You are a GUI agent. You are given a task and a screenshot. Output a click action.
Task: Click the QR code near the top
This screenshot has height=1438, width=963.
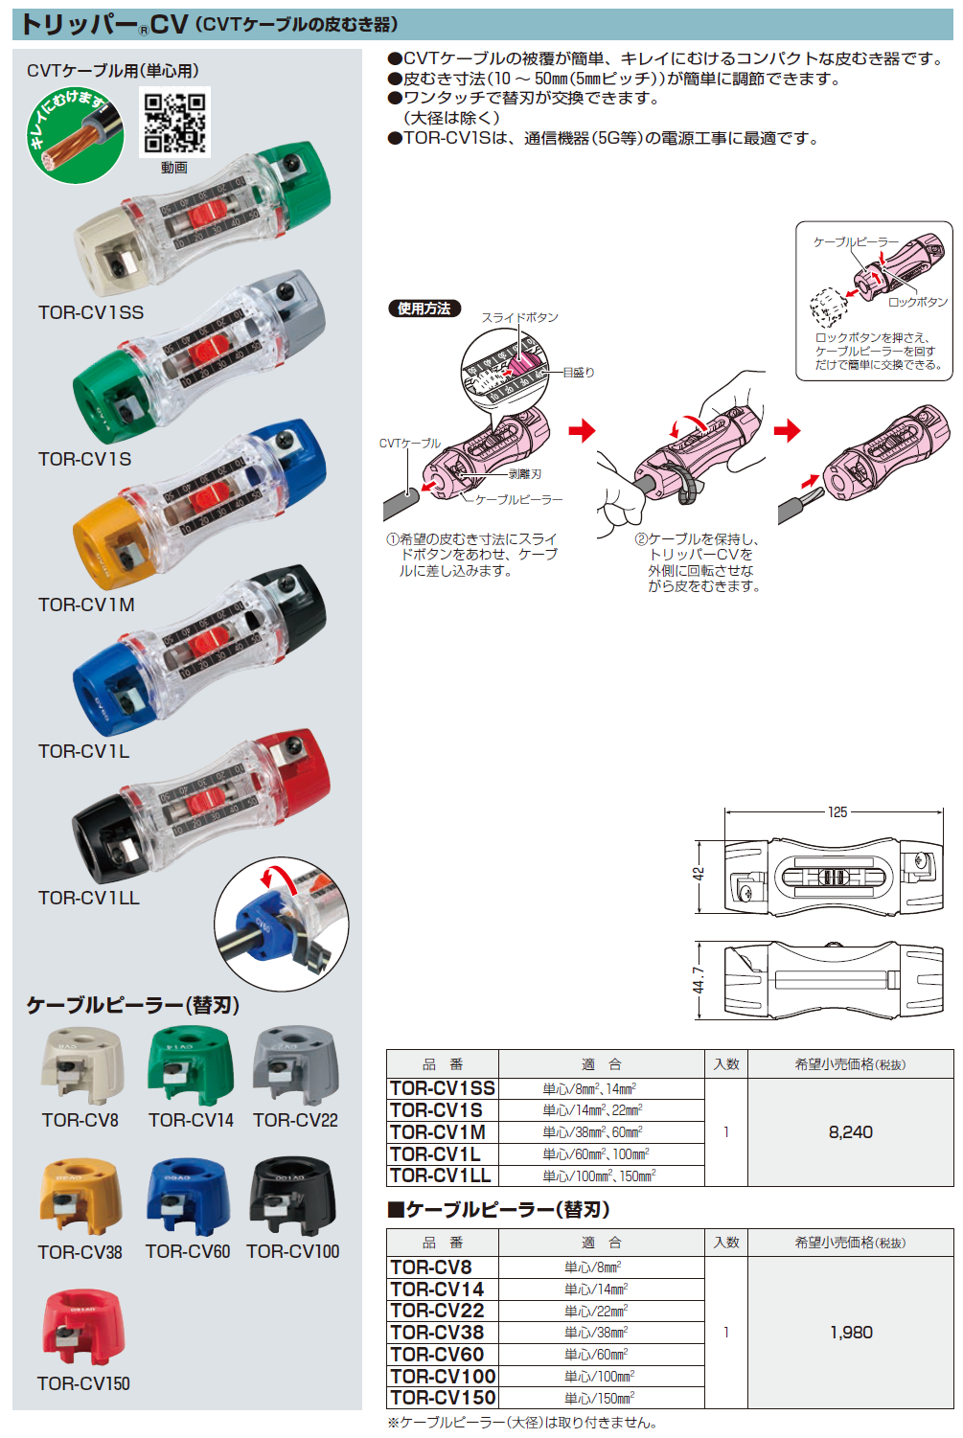click(x=174, y=123)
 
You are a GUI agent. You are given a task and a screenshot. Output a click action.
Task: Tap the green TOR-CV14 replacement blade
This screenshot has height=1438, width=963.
click(x=191, y=1066)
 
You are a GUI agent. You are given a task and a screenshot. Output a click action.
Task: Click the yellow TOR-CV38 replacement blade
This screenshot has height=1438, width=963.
click(x=80, y=1197)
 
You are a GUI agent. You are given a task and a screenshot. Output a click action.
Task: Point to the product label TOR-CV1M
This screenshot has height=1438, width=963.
click(x=86, y=605)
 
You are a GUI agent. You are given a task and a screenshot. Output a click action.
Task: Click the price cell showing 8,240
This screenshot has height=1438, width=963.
click(x=850, y=1132)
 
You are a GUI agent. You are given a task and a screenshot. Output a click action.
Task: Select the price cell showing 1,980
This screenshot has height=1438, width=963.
click(x=851, y=1332)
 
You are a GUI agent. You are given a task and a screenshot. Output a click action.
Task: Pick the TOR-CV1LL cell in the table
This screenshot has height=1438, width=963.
click(x=441, y=1176)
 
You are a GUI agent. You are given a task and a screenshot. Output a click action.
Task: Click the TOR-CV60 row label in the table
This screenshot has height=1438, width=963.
click(x=438, y=1354)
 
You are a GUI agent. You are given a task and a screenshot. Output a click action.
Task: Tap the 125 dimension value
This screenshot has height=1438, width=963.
click(x=837, y=812)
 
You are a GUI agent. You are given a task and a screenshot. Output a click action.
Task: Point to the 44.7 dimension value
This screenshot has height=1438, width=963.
click(x=699, y=979)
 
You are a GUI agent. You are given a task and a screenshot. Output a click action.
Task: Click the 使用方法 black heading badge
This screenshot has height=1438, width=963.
click(x=424, y=308)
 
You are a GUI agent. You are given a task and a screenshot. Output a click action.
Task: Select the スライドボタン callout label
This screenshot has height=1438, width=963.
click(x=519, y=317)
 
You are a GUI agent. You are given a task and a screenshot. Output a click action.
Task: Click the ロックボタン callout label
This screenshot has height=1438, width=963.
click(x=917, y=302)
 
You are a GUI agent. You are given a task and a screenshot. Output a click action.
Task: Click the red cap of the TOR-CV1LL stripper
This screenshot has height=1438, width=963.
click(x=301, y=765)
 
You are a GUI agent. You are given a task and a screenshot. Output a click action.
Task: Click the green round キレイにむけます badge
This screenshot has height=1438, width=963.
click(x=76, y=135)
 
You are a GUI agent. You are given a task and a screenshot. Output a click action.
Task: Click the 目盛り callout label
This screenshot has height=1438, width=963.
click(x=578, y=373)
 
